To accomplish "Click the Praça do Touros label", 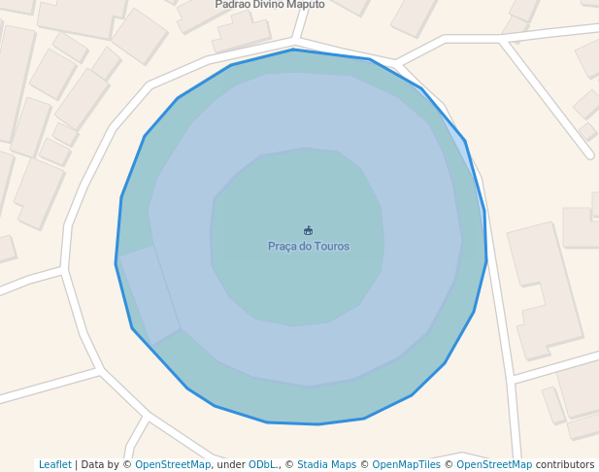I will [x=309, y=246].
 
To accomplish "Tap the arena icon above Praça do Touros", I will [x=309, y=231].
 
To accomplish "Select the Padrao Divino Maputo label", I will [x=270, y=5].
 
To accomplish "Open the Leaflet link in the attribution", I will [x=54, y=464].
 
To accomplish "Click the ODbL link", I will [x=263, y=464].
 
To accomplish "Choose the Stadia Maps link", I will [x=326, y=464].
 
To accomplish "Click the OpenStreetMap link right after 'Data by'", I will [x=173, y=464].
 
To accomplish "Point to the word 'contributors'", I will [x=564, y=464].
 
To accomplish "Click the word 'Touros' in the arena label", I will [x=331, y=246].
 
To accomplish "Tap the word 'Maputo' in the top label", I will [x=305, y=5].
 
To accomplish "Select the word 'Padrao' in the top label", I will [x=232, y=5].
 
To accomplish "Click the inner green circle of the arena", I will [x=291, y=282].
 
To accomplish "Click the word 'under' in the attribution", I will [x=230, y=464].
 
